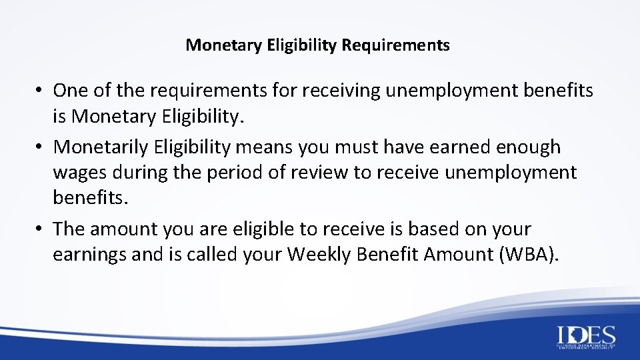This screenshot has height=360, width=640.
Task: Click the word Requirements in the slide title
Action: pos(396,45)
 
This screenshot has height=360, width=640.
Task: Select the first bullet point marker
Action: pos(40,90)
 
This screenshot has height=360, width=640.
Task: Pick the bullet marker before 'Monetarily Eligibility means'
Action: pos(40,146)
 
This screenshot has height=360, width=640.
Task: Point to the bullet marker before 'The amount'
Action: pos(40,229)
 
